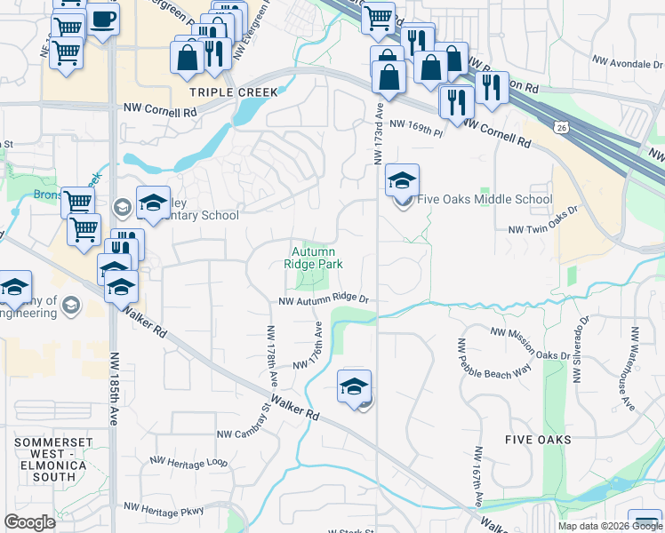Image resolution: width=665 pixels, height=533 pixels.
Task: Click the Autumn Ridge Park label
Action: (313, 258)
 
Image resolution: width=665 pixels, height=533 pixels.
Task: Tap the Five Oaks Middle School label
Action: (485, 200)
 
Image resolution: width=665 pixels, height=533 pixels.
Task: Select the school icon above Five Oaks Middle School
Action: (402, 180)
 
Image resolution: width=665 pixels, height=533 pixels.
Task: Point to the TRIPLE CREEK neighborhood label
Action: (234, 91)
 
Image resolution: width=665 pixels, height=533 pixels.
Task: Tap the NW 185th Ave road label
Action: (114, 389)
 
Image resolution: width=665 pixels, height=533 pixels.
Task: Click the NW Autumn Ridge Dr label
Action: (323, 301)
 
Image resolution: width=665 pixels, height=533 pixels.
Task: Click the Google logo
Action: (29, 521)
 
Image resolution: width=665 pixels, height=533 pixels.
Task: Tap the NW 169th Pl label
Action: (416, 128)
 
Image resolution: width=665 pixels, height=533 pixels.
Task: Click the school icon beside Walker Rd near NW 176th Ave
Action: (354, 386)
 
